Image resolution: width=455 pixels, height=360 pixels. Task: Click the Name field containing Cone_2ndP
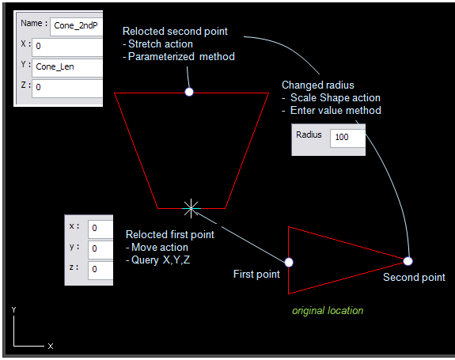point(76,27)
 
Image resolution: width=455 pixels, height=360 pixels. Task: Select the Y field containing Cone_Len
point(67,68)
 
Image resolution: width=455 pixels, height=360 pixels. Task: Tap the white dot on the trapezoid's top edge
point(189,92)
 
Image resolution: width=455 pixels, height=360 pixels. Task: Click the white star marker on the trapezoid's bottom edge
point(191,208)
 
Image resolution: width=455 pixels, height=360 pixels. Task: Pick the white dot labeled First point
point(289,262)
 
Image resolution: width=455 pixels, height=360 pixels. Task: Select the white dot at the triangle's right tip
point(408,261)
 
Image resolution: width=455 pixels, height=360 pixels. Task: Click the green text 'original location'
point(328,311)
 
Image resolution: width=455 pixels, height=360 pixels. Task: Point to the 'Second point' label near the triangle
point(414,278)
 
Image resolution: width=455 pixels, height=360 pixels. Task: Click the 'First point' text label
point(256,274)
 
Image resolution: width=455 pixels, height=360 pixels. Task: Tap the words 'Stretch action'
point(161,44)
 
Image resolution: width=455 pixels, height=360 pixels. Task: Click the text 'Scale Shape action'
point(336,98)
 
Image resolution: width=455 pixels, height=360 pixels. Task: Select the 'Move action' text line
point(160,247)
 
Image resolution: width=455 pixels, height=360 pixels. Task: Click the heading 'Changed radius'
point(318,85)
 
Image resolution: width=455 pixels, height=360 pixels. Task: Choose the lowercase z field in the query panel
point(100,270)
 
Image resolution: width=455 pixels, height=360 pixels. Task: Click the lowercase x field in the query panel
point(100,229)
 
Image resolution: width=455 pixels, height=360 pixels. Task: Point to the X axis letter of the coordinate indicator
point(51,346)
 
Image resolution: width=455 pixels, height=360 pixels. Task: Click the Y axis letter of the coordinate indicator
point(14,310)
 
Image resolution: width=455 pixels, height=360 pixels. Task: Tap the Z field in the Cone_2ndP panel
point(67,88)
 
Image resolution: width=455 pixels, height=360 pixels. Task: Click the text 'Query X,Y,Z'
point(161,260)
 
